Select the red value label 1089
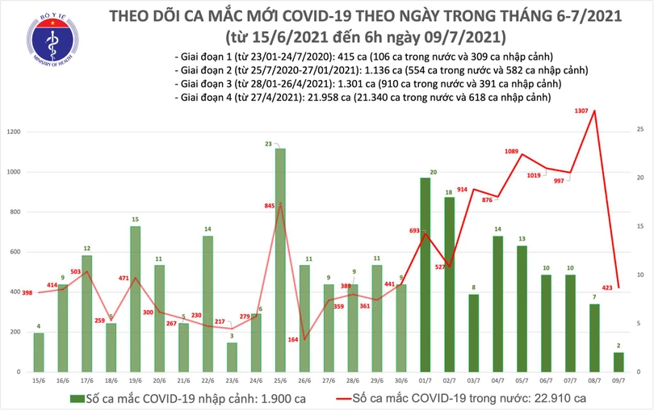(x=511, y=151)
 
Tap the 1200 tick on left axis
(x=15, y=132)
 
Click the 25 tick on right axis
(x=639, y=129)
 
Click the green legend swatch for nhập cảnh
(x=78, y=399)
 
